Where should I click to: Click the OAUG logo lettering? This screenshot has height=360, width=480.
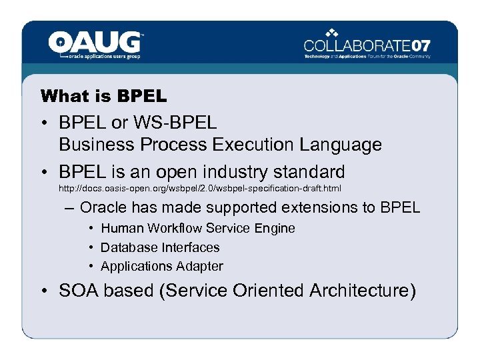click(95, 42)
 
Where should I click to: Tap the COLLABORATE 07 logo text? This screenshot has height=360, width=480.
click(367, 46)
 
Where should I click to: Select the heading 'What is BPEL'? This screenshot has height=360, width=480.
click(103, 96)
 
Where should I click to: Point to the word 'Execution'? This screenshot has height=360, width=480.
click(253, 145)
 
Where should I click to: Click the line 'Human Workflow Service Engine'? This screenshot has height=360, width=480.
click(197, 228)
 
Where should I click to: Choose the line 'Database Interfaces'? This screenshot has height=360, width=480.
click(160, 247)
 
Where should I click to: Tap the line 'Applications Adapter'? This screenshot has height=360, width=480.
click(162, 266)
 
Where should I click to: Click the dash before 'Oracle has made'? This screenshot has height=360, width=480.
click(70, 207)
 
